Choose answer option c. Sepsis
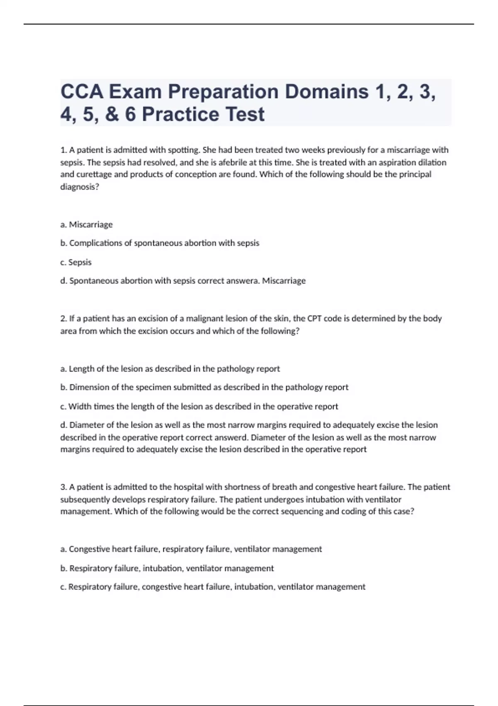pos(76,262)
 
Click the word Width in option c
pos(79,406)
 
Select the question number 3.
pos(63,487)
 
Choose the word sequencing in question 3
pos(301,511)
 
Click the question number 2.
pos(63,319)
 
